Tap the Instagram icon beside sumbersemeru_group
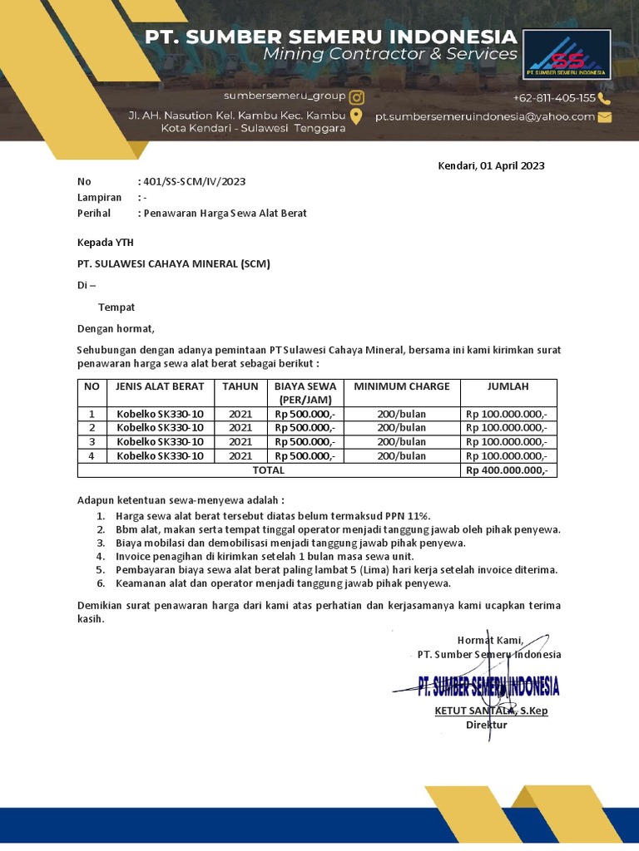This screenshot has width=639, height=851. (x=356, y=96)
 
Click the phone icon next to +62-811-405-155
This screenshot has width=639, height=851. (x=605, y=97)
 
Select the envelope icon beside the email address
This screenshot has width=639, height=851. (x=605, y=117)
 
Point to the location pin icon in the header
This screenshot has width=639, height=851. (x=356, y=116)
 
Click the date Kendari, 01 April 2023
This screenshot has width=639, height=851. (x=491, y=165)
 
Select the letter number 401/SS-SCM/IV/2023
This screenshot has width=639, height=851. (x=195, y=181)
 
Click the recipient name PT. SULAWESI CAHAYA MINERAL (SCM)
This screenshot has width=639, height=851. (x=174, y=263)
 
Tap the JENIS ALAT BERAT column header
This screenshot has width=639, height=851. (x=156, y=386)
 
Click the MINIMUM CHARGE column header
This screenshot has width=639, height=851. (x=402, y=386)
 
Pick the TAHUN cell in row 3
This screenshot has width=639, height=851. (x=240, y=441)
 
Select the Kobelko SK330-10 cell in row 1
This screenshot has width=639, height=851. (x=160, y=413)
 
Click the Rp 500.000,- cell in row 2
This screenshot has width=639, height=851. (x=305, y=427)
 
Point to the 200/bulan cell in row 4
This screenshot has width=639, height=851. (x=401, y=455)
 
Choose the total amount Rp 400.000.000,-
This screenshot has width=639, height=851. (x=508, y=470)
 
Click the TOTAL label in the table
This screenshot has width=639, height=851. (x=268, y=470)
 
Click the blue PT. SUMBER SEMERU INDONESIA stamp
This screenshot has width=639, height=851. (x=488, y=686)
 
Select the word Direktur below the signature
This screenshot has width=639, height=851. (x=486, y=725)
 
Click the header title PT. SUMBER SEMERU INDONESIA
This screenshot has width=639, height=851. (x=330, y=37)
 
